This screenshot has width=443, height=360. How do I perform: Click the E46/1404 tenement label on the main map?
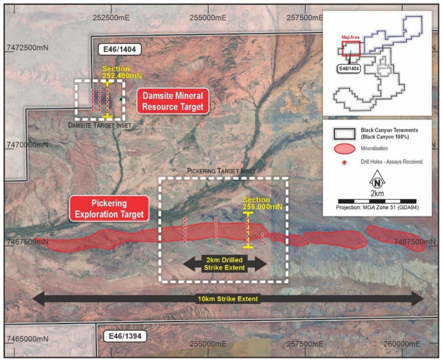[119, 49]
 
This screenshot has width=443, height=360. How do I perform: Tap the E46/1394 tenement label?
[125, 336]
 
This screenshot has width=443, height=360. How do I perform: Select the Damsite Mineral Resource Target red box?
[173, 101]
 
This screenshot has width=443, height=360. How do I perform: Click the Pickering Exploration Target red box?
[109, 209]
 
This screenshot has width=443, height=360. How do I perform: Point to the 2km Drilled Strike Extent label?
[224, 264]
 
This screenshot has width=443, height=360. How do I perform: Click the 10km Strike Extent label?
[228, 299]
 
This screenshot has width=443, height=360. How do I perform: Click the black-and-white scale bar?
[377, 202]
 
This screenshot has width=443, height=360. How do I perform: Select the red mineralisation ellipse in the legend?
[344, 148]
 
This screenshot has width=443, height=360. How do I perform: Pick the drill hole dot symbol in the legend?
[344, 162]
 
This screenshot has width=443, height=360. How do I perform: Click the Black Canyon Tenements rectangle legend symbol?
[344, 134]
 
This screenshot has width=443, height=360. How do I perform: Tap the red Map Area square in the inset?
[351, 49]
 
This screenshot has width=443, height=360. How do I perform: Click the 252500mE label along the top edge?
[111, 17]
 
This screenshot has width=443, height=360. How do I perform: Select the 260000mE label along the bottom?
[401, 344]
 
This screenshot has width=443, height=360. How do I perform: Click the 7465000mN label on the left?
[28, 339]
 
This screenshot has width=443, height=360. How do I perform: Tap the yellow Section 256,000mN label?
[263, 203]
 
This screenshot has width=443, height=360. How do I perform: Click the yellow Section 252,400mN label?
[122, 72]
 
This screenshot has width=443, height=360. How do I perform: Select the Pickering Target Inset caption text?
[221, 171]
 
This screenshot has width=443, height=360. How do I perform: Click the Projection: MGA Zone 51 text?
[377, 207]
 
